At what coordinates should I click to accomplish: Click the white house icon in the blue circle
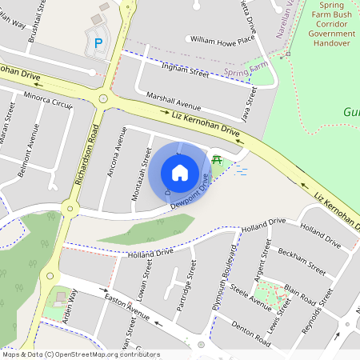pyautogui.click(x=180, y=172)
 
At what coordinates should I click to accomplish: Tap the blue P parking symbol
pyautogui.click(x=99, y=42)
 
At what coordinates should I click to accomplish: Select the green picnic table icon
pyautogui.click(x=217, y=158)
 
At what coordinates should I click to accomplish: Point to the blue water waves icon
pyautogui.click(x=240, y=170)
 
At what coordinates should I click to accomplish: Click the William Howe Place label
pyautogui.click(x=222, y=38)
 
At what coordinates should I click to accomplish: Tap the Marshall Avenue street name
pyautogui.click(x=174, y=104)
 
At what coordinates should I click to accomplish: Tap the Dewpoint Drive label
pyautogui.click(x=194, y=194)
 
